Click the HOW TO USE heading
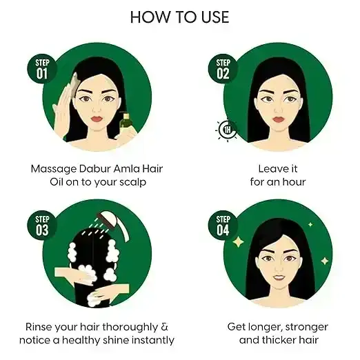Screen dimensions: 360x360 (179, 17)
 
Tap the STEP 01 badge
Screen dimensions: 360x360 (43, 69)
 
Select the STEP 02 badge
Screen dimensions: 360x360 (222, 69)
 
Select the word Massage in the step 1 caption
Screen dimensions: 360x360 (55, 168)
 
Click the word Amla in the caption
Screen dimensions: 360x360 (122, 168)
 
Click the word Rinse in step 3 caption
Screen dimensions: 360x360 (40, 326)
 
